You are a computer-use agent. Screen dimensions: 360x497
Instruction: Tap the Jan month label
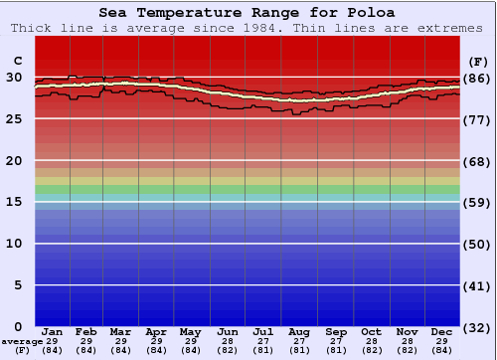coord(53,331)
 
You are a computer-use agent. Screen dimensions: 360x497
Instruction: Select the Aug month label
coord(299,331)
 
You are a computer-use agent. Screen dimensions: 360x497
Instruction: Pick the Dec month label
coord(442,331)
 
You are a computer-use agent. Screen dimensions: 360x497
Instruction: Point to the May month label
coord(191,331)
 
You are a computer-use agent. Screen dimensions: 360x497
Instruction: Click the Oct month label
coord(371,331)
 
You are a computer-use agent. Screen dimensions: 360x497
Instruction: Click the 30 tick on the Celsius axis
coord(14,78)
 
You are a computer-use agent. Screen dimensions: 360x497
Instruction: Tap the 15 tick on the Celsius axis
coord(14,202)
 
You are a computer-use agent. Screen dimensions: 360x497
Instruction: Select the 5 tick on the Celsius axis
coord(18,285)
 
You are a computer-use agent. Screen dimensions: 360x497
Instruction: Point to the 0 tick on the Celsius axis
coord(18,326)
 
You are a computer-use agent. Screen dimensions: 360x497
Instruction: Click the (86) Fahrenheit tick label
coord(476,78)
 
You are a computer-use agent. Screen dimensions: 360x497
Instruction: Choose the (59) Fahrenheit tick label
coord(476,202)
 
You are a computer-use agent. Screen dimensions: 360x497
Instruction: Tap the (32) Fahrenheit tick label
coord(476,326)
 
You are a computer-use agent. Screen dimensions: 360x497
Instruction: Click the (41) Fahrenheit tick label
coord(476,285)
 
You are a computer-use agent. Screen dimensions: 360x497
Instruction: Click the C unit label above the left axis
coord(17,60)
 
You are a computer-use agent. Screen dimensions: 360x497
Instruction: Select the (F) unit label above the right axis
coord(476,60)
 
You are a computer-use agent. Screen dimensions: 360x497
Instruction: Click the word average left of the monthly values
coord(22,341)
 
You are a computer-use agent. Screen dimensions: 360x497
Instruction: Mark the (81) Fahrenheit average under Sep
coord(335,350)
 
